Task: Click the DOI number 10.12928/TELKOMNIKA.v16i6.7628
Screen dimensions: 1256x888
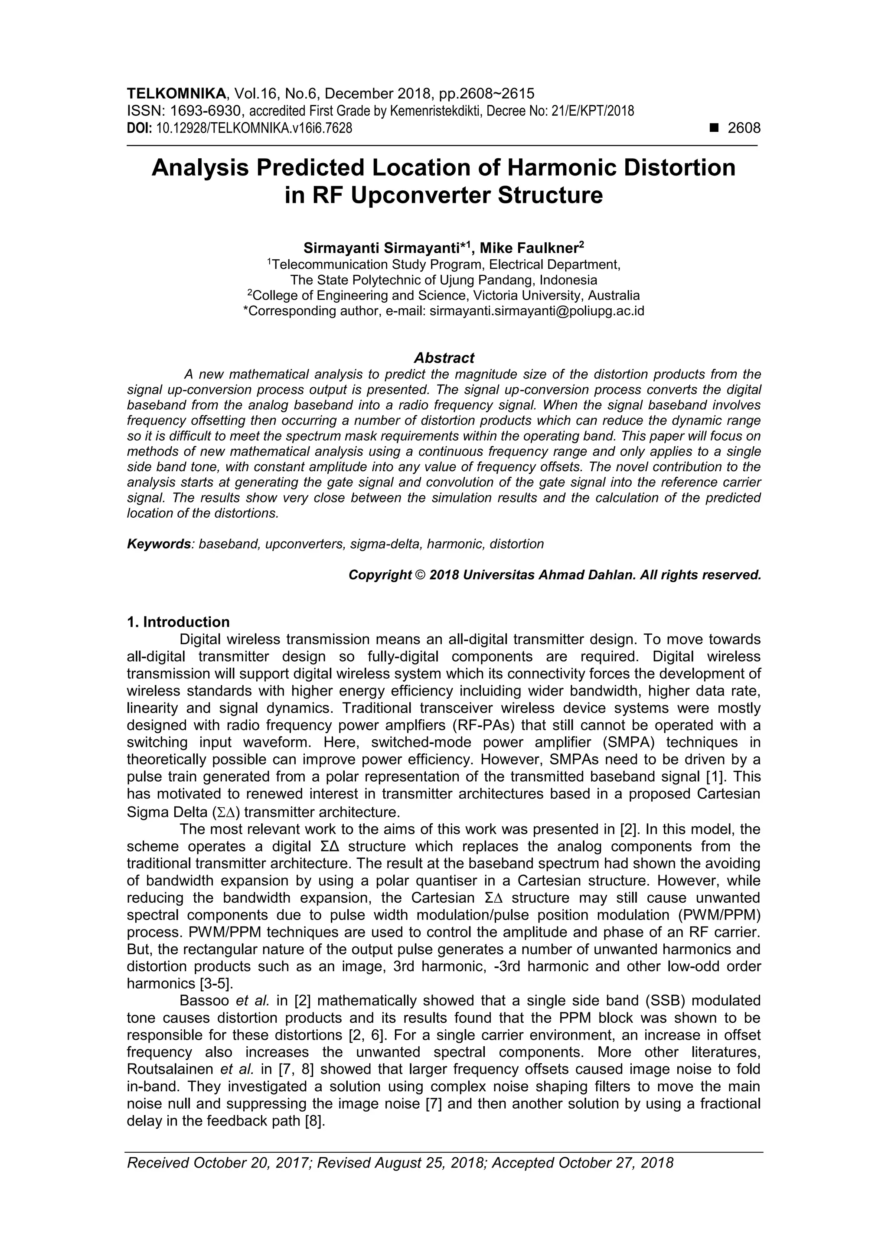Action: tap(254, 129)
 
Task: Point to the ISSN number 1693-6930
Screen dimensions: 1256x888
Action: tap(206, 111)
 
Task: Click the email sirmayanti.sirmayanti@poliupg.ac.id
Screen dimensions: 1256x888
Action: tap(537, 311)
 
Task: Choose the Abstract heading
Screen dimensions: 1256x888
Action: tap(444, 358)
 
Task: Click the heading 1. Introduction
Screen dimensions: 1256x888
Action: tap(178, 622)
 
